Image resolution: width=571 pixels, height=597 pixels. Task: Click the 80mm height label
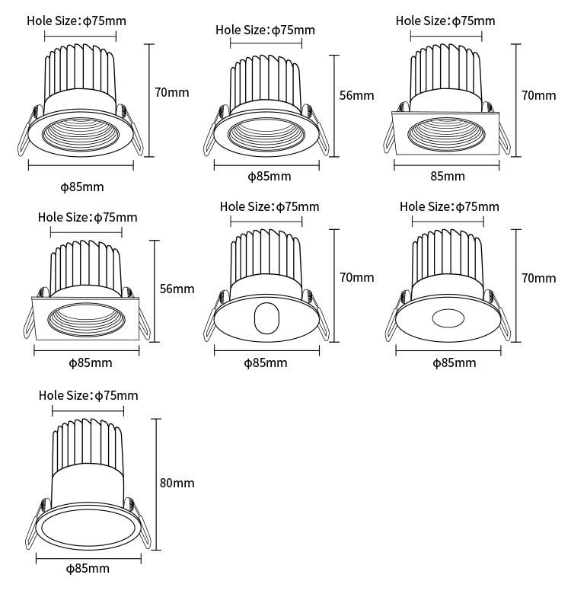tap(177, 483)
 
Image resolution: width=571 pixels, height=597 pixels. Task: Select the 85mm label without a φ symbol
tap(447, 176)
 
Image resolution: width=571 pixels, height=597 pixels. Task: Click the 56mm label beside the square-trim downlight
tap(177, 289)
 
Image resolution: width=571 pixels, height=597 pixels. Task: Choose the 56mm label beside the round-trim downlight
tap(356, 95)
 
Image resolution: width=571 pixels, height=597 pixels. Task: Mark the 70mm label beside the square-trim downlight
tap(538, 95)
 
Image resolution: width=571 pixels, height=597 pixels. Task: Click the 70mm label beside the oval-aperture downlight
tap(356, 277)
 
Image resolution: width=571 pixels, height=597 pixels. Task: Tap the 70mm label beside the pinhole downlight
tap(538, 278)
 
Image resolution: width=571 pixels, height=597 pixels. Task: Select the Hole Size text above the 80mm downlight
tap(88, 395)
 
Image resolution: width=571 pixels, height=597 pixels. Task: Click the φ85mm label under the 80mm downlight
tap(88, 568)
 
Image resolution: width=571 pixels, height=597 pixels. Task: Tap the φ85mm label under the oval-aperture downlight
tap(266, 362)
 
